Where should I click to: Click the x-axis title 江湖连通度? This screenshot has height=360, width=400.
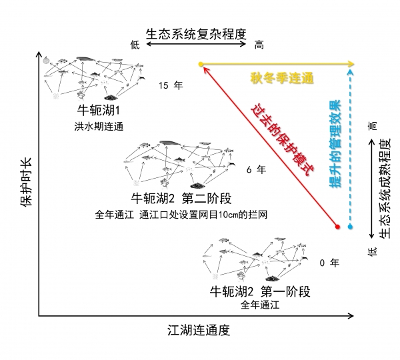click(199, 330)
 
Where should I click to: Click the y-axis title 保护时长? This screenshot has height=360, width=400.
click(26, 181)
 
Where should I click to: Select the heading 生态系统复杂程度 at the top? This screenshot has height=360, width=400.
click(196, 34)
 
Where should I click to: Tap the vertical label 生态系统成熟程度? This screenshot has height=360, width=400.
click(385, 189)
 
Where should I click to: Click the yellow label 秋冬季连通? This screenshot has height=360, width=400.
click(281, 78)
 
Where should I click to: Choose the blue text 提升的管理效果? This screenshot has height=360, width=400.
click(335, 143)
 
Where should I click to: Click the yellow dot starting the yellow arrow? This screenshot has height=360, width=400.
click(201, 64)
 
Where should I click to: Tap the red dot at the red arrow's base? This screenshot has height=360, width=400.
click(337, 227)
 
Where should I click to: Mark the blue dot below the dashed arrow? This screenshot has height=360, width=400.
click(351, 227)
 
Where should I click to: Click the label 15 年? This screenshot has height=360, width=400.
click(171, 85)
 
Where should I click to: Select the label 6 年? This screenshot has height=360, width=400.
click(256, 169)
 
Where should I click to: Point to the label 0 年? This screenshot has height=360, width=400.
click(329, 263)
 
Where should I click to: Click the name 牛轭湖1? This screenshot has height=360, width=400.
click(99, 110)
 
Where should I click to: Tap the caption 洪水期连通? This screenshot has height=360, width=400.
click(99, 127)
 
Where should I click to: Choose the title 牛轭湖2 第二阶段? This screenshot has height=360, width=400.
click(181, 198)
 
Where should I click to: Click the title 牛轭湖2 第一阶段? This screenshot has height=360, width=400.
click(260, 291)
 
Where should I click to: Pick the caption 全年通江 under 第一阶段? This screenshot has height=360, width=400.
click(260, 305)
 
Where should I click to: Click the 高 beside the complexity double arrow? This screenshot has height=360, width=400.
click(259, 45)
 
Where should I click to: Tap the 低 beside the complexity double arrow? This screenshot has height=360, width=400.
click(135, 45)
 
